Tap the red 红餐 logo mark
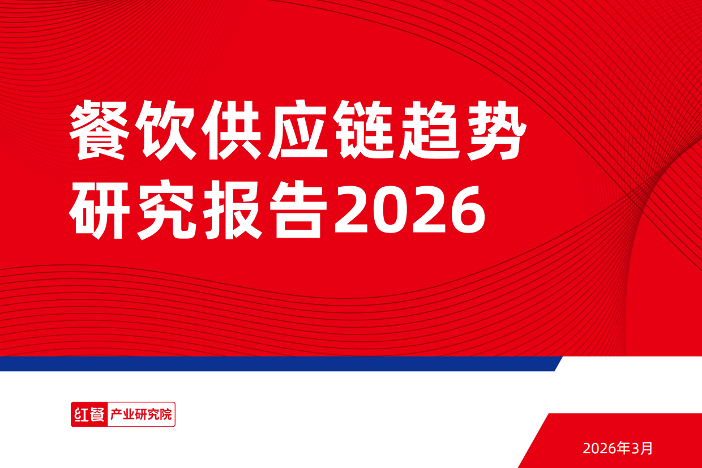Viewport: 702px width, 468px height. (x=89, y=414)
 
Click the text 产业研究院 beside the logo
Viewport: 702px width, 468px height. (x=140, y=414)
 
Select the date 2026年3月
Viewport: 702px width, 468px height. (x=618, y=449)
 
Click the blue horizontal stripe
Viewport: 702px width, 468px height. (x=277, y=363)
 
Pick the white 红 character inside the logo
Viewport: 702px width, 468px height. (x=80, y=414)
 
